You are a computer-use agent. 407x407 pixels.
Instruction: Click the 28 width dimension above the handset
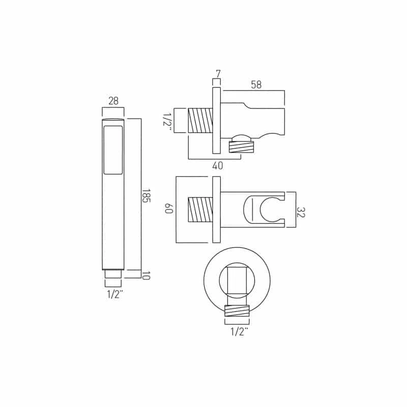(113, 100)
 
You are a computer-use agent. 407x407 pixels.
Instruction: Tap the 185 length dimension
(146, 196)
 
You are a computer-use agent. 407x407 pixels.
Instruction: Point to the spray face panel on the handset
(113, 151)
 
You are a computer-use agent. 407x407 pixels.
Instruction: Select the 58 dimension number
(255, 85)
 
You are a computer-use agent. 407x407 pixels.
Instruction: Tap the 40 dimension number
(218, 166)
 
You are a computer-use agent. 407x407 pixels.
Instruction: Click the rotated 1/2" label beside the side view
(166, 121)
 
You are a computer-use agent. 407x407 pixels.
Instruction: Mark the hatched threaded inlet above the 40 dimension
(200, 121)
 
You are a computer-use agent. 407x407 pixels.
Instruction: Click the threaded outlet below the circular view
(237, 310)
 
